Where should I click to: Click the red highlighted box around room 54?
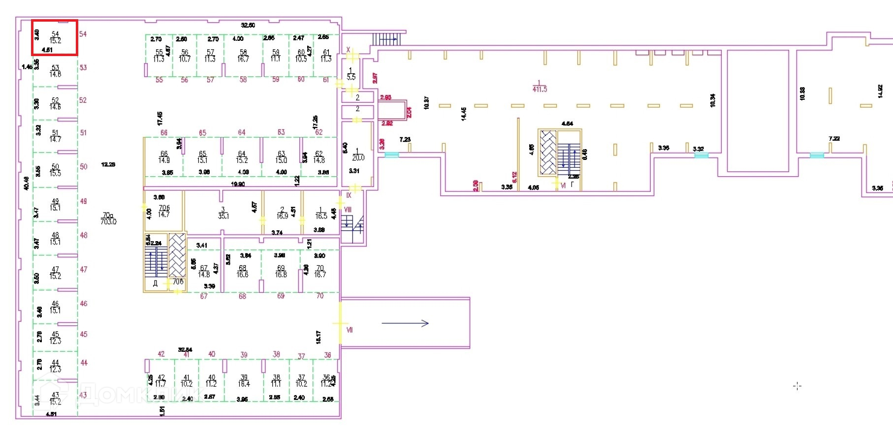(55, 37)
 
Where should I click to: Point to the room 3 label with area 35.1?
(223, 213)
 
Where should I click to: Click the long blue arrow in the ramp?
(405, 323)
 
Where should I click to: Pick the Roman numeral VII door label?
(350, 330)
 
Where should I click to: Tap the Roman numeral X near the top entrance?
(348, 50)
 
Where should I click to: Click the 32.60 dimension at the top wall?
(248, 25)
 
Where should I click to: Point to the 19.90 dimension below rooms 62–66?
(238, 184)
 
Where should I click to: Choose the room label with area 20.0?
(358, 155)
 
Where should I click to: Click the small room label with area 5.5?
(351, 74)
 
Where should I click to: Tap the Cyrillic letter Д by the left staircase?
(155, 283)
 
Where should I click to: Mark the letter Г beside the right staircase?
(572, 185)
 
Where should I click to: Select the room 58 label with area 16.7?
(243, 55)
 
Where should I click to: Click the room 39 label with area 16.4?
(244, 381)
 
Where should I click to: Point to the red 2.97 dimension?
(375, 78)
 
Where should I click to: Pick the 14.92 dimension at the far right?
(880, 91)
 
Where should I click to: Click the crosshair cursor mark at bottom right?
(797, 386)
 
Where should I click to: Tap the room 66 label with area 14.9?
(164, 157)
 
